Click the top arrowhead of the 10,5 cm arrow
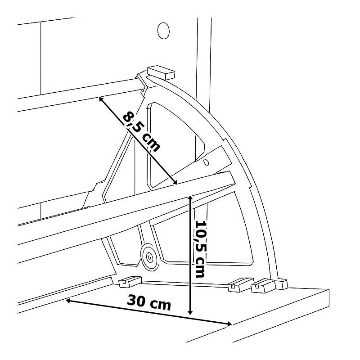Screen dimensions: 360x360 click(190, 197)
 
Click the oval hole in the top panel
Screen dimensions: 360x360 click(163, 30)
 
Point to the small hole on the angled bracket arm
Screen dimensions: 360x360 click(207, 161)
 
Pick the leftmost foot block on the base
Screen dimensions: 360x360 click(128, 282)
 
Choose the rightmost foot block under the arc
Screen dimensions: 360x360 click(281, 284)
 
